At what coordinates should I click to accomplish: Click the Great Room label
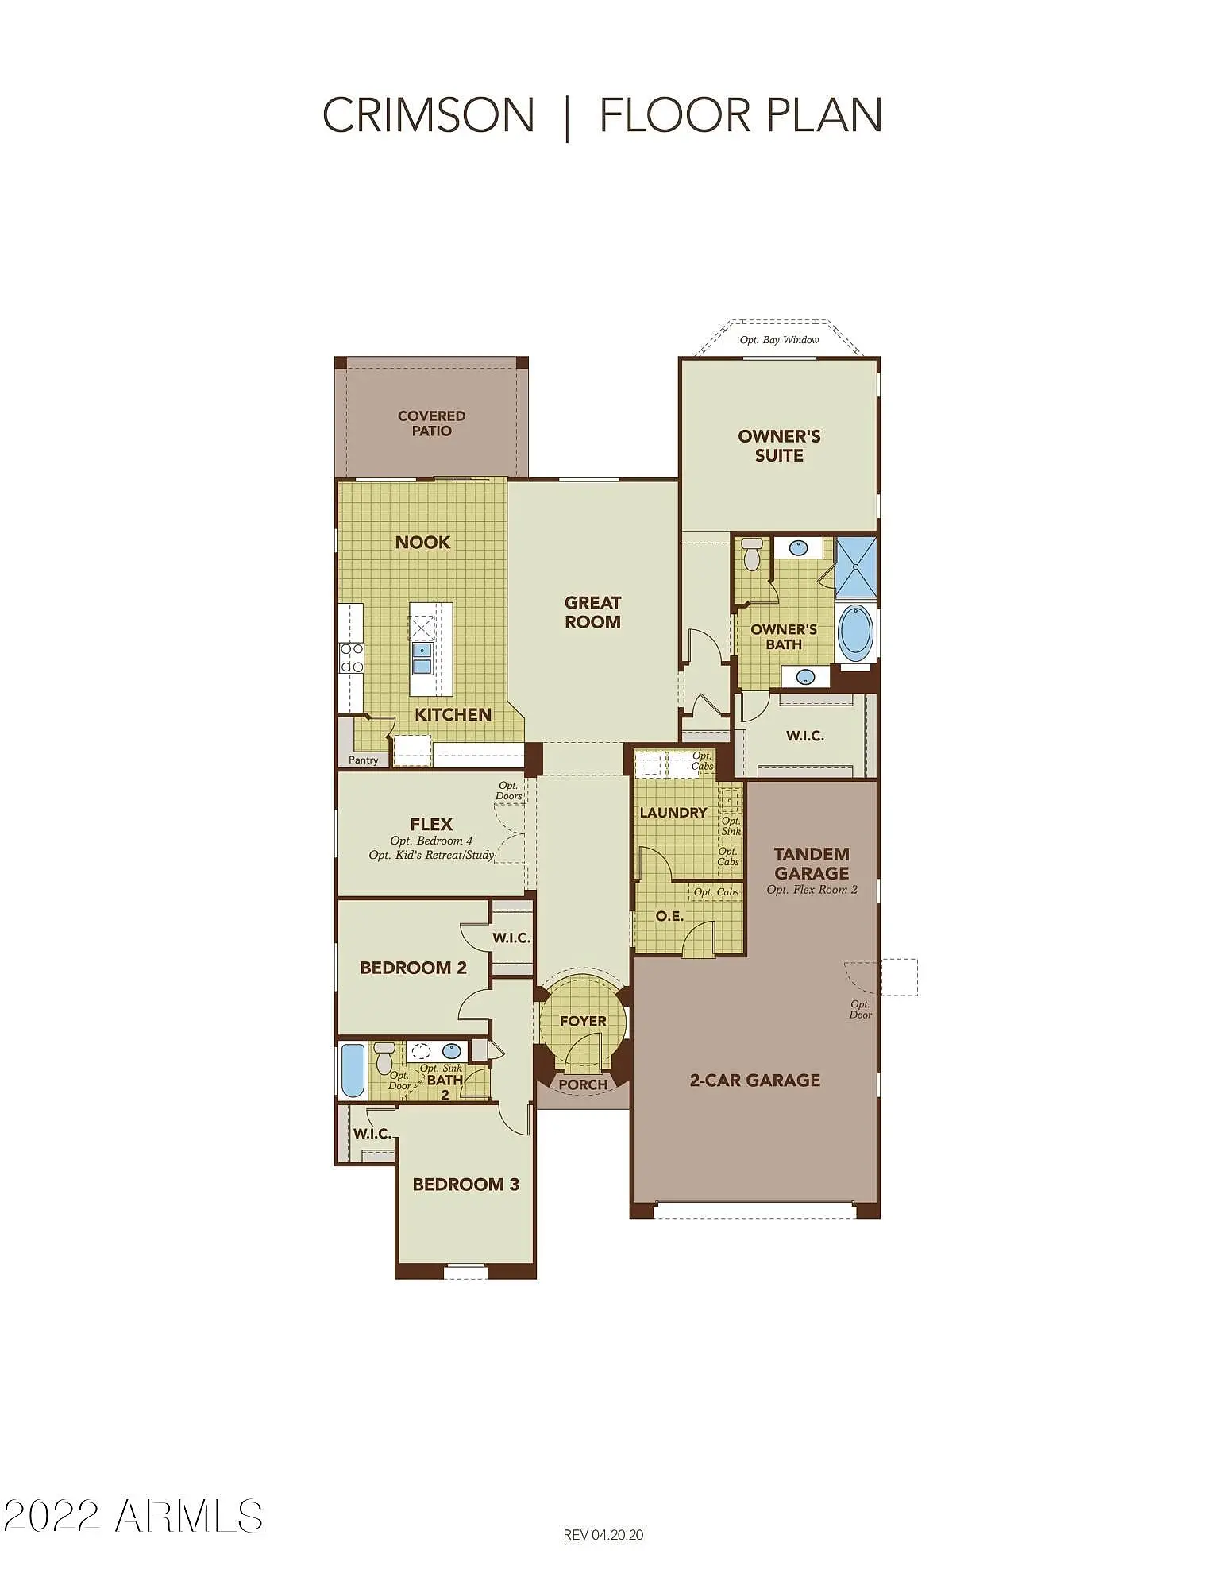(592, 613)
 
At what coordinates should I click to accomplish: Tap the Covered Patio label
(431, 423)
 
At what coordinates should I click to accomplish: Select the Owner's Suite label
(779, 446)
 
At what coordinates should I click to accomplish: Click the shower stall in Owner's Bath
(856, 567)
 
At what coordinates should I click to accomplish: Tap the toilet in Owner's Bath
(751, 554)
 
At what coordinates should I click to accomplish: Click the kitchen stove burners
(352, 658)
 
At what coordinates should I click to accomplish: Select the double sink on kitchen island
(422, 659)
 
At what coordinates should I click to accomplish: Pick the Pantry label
(364, 760)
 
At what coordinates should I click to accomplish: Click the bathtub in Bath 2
(353, 1070)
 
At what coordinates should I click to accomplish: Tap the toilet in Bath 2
(384, 1057)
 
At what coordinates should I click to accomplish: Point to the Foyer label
(583, 1021)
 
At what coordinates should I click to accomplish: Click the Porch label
(583, 1084)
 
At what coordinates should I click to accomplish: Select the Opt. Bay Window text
(779, 340)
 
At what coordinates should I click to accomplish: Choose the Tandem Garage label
(812, 864)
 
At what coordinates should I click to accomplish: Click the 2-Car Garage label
(755, 1081)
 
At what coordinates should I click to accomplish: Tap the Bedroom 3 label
(465, 1185)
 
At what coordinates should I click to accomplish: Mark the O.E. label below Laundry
(669, 916)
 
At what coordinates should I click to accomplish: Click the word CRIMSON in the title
(428, 115)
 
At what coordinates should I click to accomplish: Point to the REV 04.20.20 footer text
(603, 1535)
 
